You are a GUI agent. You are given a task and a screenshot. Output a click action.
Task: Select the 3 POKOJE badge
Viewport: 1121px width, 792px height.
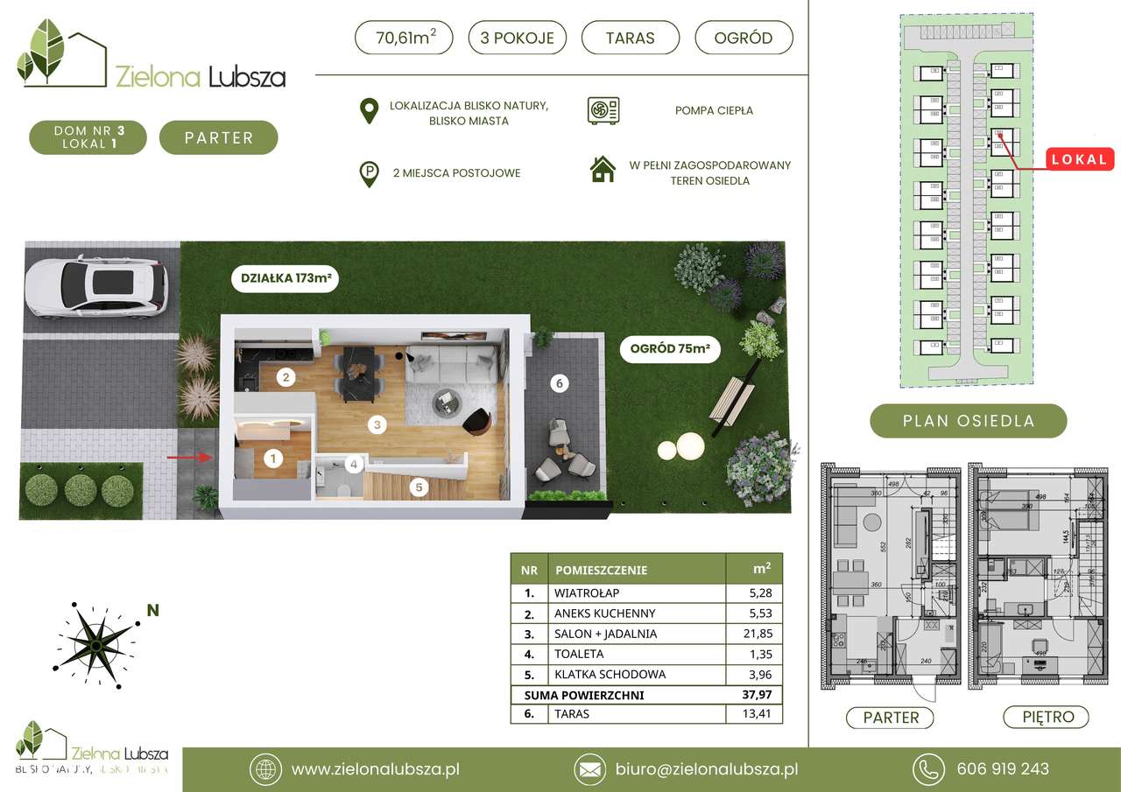click(x=518, y=38)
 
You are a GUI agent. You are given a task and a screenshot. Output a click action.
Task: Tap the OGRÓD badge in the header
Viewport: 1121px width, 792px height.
click(x=744, y=38)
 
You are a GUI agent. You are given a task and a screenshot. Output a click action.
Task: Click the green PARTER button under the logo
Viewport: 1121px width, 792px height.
click(x=219, y=137)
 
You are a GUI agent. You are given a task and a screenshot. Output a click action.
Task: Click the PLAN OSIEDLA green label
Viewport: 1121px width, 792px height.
click(x=968, y=421)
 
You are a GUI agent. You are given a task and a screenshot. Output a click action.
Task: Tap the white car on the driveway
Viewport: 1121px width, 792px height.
click(x=96, y=285)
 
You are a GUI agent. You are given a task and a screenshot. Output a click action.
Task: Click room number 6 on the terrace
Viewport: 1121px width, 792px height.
click(x=560, y=382)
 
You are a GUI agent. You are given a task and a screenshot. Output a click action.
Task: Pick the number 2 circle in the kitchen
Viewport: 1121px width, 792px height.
click(x=285, y=378)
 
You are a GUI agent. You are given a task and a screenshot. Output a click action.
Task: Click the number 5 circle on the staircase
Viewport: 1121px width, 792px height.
click(x=419, y=487)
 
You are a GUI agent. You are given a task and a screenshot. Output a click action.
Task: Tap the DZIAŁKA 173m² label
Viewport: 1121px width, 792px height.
click(x=284, y=280)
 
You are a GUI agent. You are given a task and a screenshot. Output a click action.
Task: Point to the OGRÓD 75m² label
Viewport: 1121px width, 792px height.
click(x=669, y=350)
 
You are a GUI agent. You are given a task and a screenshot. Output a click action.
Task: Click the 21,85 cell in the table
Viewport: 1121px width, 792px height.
click(x=754, y=634)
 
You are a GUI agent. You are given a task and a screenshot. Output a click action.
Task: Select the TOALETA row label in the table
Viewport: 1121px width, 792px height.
click(x=579, y=654)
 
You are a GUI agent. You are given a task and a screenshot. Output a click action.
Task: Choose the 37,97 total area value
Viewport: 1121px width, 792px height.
click(x=754, y=695)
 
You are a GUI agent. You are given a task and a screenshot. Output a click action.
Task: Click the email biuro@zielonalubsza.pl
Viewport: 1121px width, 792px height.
click(x=704, y=769)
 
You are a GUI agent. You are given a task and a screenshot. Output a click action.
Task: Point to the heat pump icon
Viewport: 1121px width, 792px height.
click(x=603, y=110)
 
